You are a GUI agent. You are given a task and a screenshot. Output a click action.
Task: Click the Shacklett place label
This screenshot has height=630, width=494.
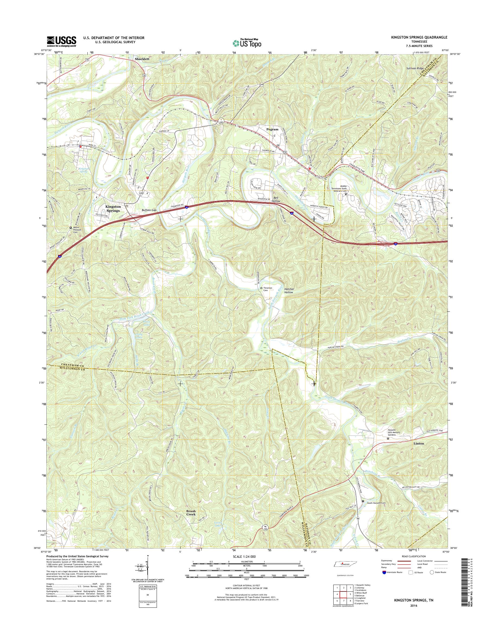coord(142,59)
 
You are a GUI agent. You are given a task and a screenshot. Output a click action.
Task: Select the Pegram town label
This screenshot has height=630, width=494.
coord(272,129)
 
